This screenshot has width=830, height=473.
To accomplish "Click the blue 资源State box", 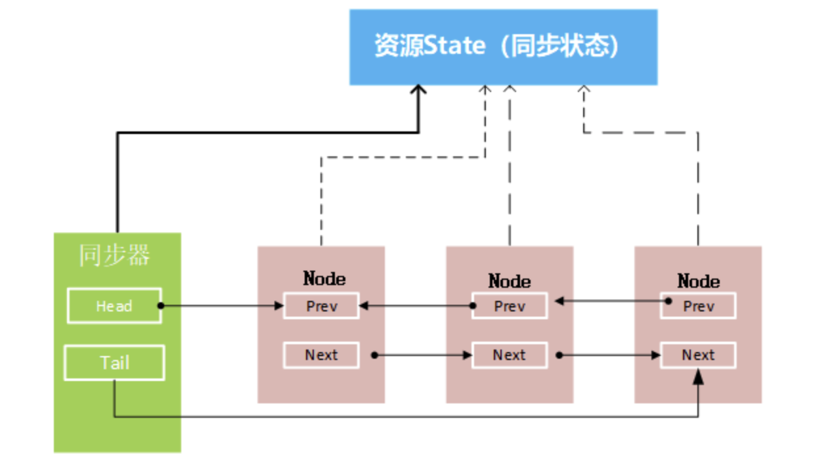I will point(503,47).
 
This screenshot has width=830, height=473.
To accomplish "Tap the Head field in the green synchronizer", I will point(114,305).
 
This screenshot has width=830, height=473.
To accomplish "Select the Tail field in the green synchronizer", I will point(114,363).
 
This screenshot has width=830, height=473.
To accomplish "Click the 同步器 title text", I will point(115,256).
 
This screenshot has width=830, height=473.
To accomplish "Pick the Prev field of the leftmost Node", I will point(321,306).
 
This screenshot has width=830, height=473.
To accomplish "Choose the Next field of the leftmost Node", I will point(321,355).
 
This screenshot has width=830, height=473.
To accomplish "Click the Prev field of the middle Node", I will point(510,306).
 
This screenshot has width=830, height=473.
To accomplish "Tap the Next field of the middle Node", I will point(510,355).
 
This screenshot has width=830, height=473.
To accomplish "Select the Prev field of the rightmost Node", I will point(698,306).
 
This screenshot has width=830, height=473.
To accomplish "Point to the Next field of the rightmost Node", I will point(698,355).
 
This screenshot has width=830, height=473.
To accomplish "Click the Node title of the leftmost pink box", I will point(324,279).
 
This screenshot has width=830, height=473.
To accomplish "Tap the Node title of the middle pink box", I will point(510,281).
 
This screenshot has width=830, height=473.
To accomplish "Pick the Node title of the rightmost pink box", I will point(698,281).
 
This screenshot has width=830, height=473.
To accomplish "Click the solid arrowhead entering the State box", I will point(418,91).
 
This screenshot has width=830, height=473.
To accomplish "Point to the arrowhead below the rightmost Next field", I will point(698,376).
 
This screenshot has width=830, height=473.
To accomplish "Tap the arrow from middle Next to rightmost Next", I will point(609,355).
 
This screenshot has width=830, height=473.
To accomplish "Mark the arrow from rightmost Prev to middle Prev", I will point(611,302).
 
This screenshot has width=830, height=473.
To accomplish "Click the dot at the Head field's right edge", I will point(161,305).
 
